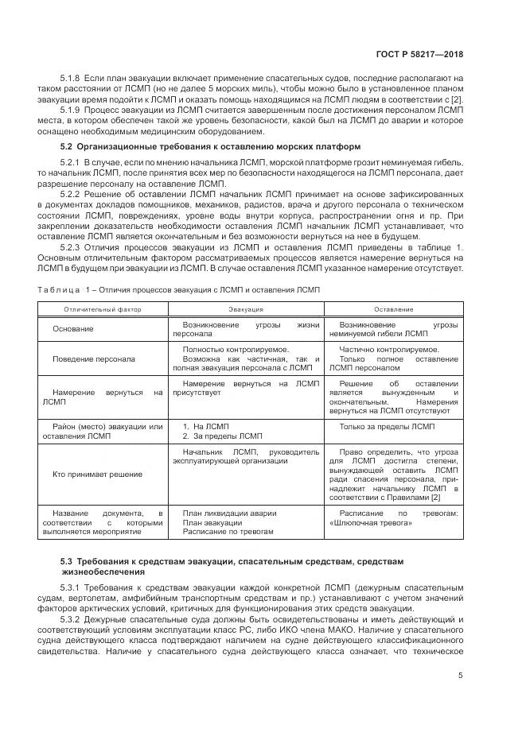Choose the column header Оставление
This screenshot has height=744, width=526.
(393, 309)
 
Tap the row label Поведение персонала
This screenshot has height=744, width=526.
(94, 358)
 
